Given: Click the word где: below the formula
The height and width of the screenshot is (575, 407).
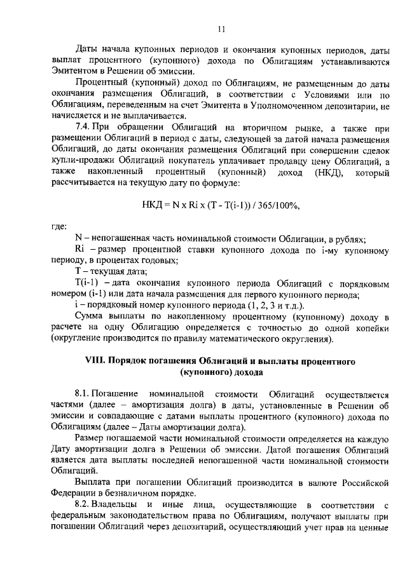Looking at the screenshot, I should point(59,225).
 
